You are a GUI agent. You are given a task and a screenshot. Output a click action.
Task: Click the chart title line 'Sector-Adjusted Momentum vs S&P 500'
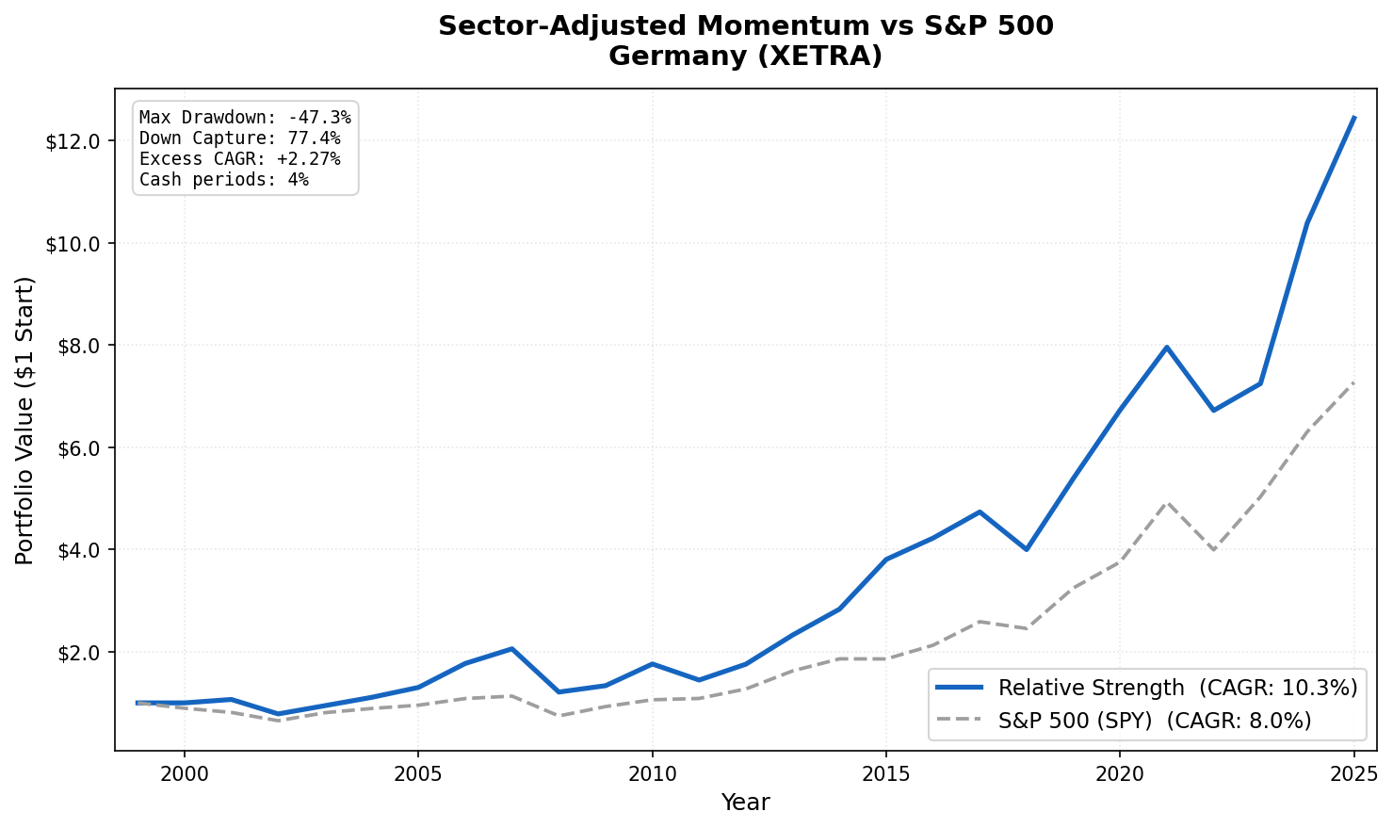pos(745,26)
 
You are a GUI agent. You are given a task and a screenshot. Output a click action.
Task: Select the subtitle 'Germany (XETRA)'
pos(745,57)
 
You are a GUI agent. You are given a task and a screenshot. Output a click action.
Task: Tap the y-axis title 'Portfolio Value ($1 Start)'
pos(25,420)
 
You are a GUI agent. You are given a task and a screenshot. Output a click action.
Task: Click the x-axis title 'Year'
pos(745,803)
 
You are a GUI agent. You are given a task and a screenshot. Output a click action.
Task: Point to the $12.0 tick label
pos(73,141)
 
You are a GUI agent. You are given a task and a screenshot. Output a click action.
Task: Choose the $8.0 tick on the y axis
pos(77,346)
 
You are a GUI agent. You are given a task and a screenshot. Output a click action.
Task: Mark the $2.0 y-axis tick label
pos(77,652)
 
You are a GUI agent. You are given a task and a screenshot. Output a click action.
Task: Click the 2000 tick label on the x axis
pos(184,774)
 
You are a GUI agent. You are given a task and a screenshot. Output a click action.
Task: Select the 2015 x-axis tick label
pos(885,774)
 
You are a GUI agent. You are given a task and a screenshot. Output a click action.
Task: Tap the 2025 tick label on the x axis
pos(1353,774)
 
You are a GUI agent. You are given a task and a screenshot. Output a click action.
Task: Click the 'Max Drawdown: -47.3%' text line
pos(245,118)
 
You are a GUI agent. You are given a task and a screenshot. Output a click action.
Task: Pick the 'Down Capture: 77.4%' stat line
pos(239,138)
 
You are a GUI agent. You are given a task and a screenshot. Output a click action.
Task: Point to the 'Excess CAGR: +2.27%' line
pos(239,159)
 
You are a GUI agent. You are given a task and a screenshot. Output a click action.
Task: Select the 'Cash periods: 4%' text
pos(223,180)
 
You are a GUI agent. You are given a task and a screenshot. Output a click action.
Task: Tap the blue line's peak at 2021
pos(1167,347)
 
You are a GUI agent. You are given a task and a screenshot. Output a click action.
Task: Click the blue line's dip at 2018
pos(1027,549)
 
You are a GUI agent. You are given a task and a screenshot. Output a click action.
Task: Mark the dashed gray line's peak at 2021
pos(1167,502)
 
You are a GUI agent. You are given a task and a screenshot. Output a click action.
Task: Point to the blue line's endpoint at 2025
pos(1353,118)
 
